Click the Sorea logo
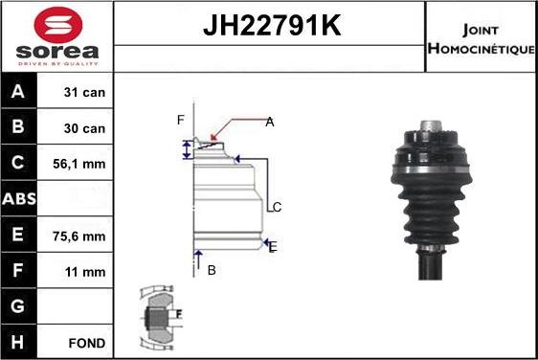click(56, 36)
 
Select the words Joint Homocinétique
click(481, 37)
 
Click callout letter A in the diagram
click(270, 122)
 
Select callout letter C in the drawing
click(276, 207)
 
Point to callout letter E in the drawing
click(273, 246)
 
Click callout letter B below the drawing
click(212, 270)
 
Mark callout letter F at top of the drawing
click(180, 120)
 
